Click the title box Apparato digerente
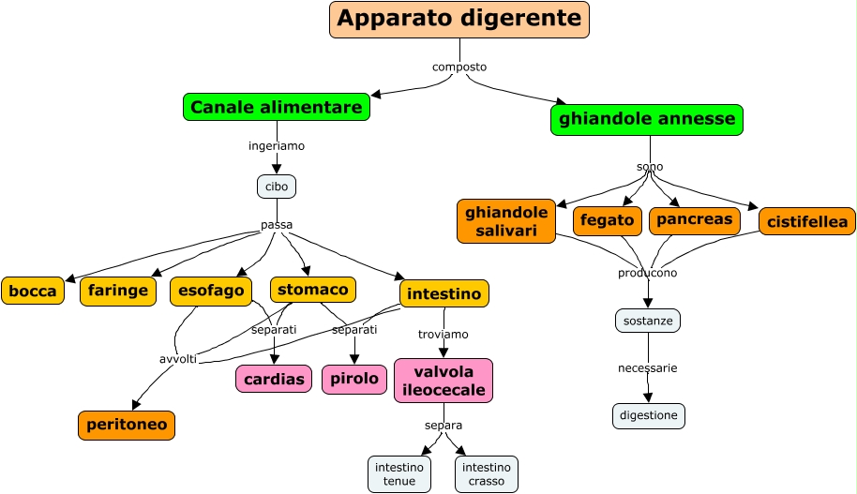(459, 20)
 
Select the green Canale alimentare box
(276, 108)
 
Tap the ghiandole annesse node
(647, 120)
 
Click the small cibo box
(277, 187)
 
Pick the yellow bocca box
(33, 292)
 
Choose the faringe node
(118, 292)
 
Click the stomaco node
(313, 290)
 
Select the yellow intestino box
(444, 294)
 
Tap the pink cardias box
(274, 379)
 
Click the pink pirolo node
(354, 379)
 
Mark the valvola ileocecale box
(444, 380)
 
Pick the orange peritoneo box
(127, 425)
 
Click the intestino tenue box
(399, 474)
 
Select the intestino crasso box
(487, 474)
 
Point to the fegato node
(607, 220)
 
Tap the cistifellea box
(807, 222)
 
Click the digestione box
(649, 415)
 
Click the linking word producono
(647, 273)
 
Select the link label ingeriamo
(277, 146)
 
